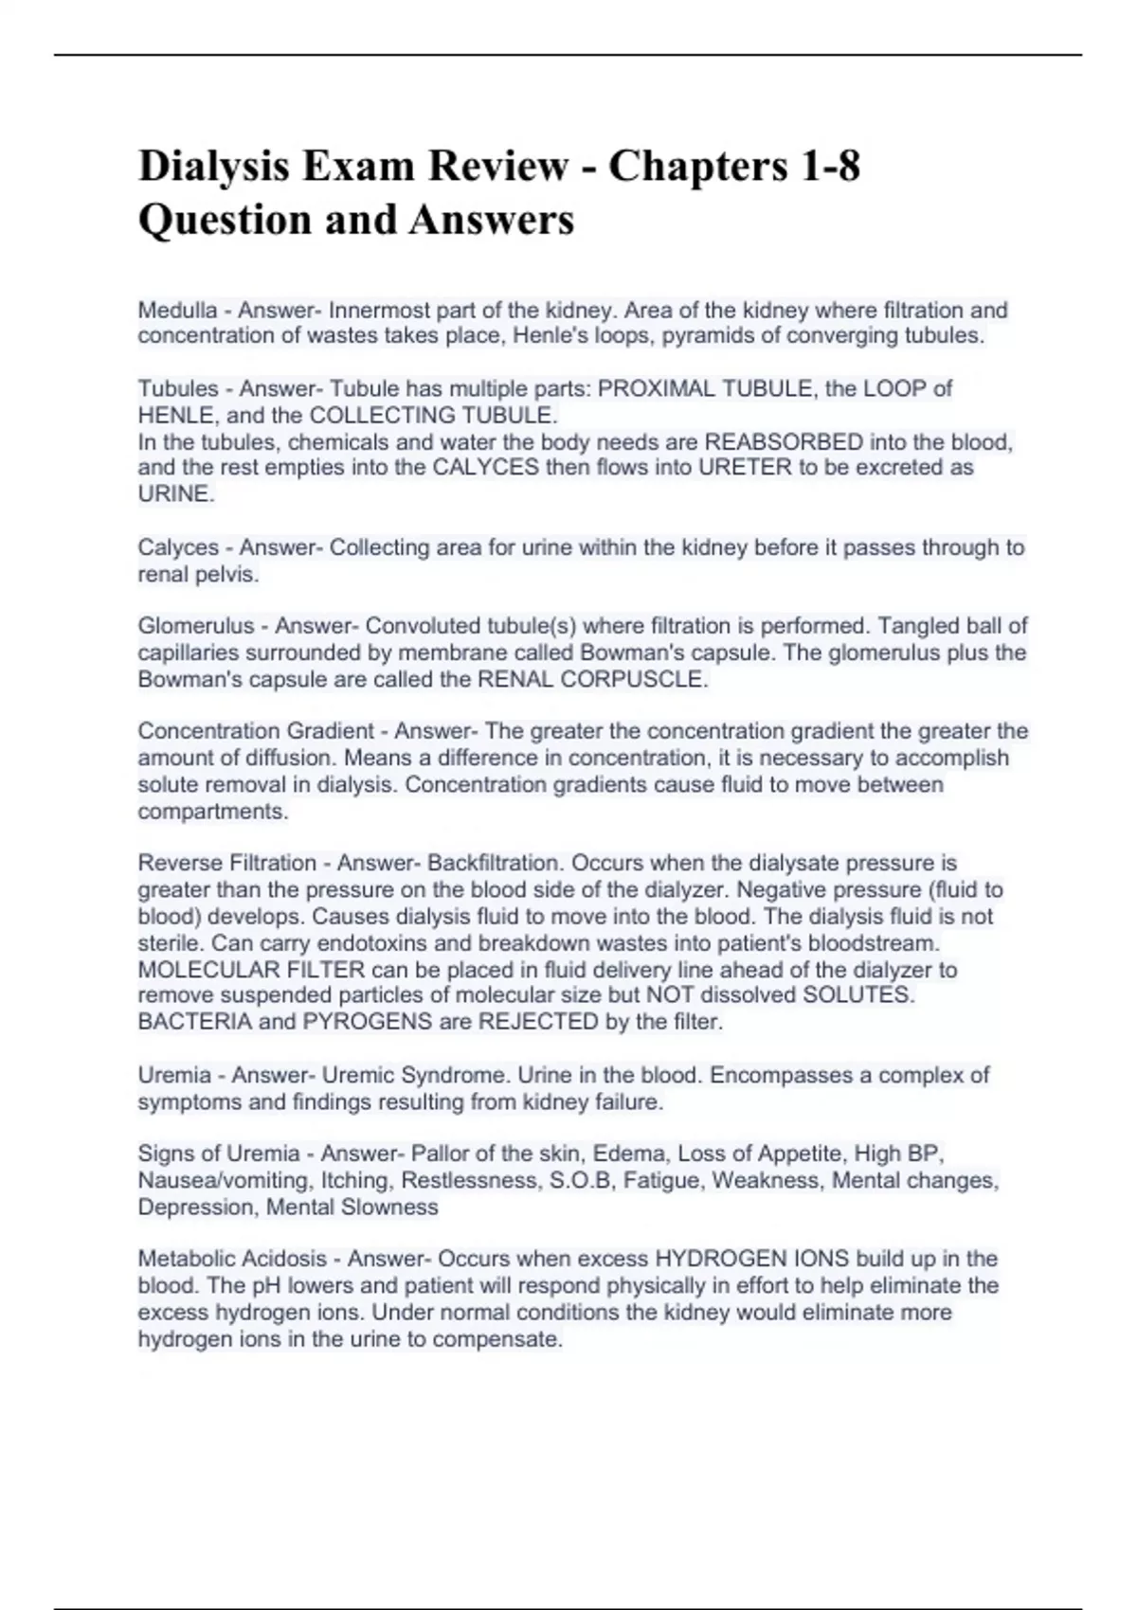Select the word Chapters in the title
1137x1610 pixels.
click(696, 167)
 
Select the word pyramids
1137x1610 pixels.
click(705, 336)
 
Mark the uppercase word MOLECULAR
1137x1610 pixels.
click(203, 970)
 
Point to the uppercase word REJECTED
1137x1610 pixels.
click(537, 1022)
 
